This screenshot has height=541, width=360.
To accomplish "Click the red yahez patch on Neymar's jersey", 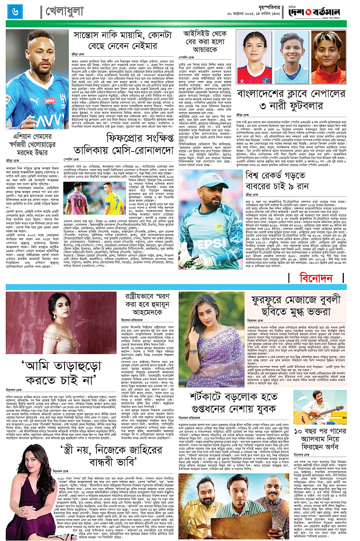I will (x=50, y=100).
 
